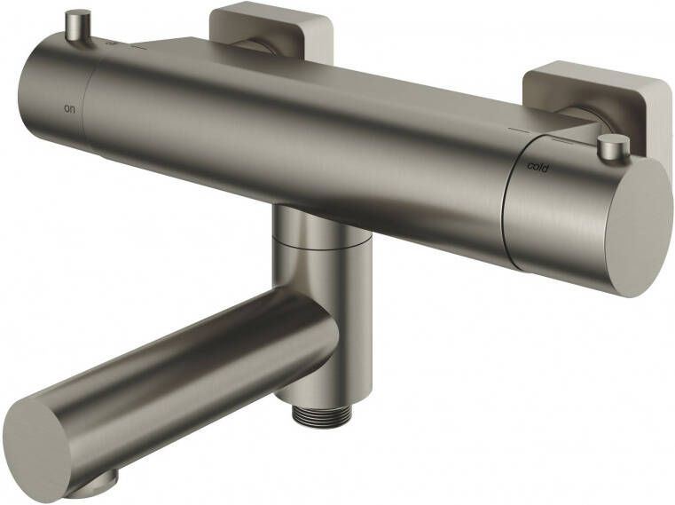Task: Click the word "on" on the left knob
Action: coord(69,108)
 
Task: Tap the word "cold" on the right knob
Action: coord(538,166)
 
